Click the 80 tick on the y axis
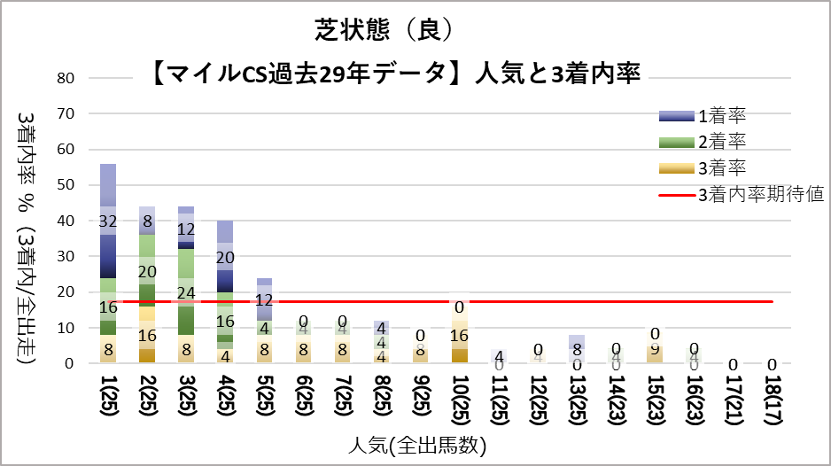(66, 78)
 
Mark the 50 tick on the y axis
(66, 185)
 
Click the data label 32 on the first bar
(108, 221)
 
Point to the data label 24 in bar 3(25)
(186, 292)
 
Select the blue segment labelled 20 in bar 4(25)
(225, 257)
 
